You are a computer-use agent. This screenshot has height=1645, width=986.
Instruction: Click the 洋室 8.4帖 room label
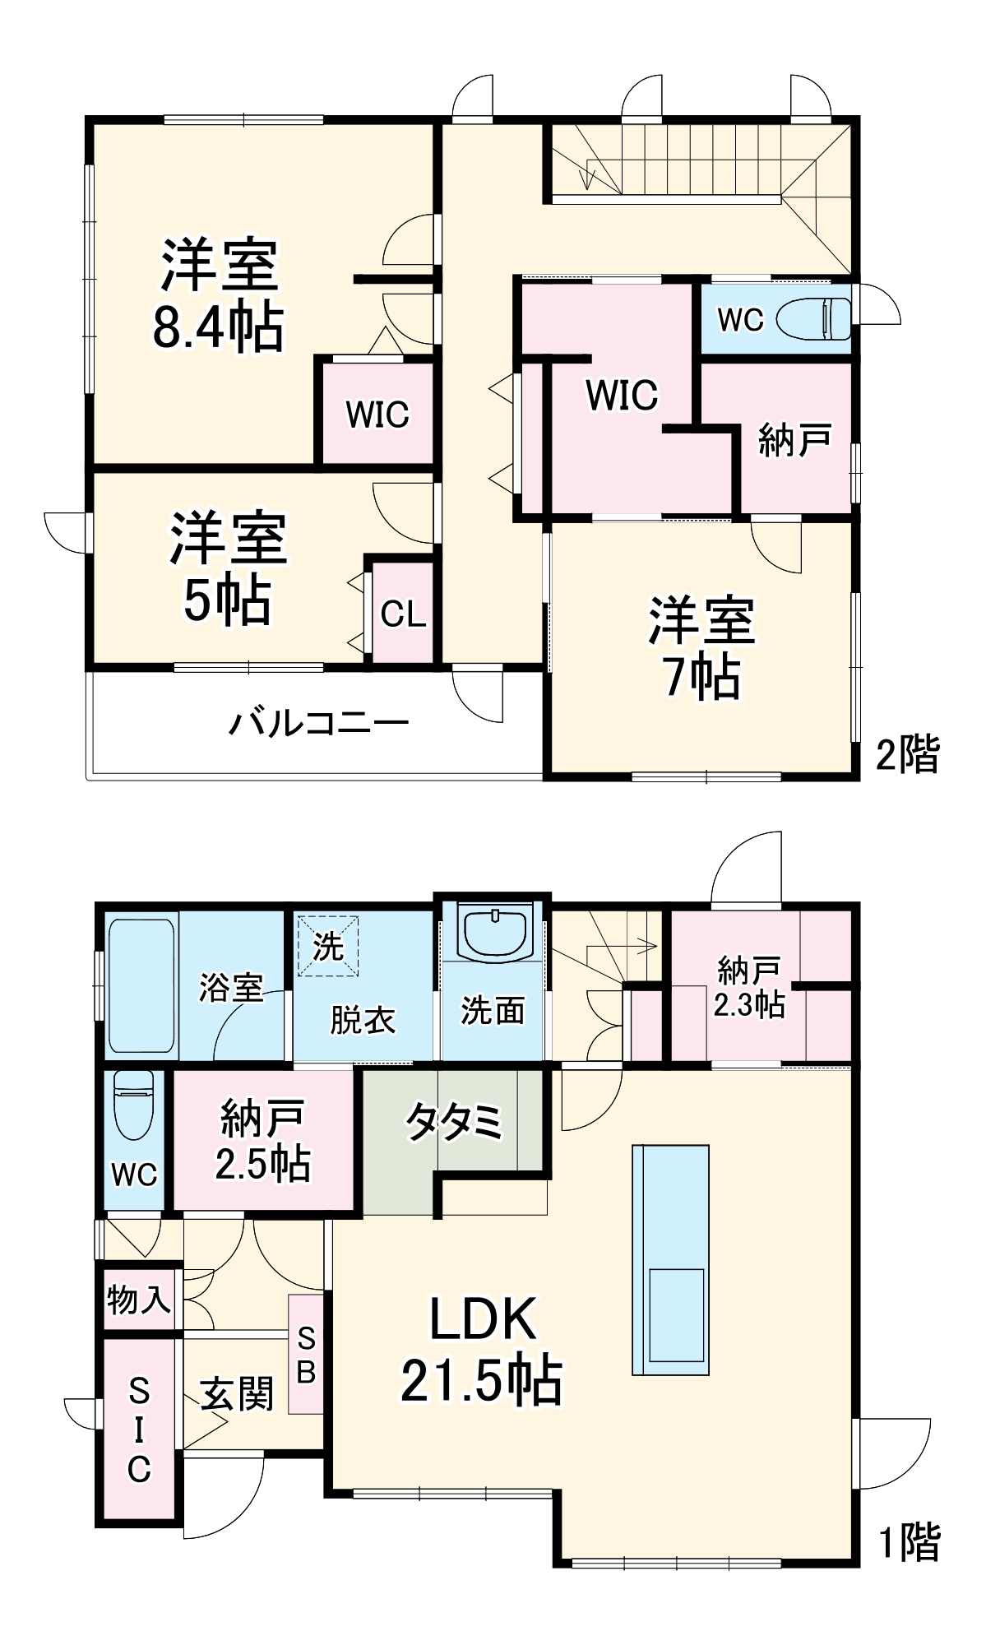pos(219,294)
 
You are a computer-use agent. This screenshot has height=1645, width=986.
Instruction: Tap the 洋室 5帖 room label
pos(228,568)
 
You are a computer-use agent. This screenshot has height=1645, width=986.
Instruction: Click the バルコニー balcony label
pos(318,723)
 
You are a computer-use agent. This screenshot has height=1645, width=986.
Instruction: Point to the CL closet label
pos(403,614)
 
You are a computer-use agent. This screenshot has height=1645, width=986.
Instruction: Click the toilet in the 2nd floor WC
pos(814,319)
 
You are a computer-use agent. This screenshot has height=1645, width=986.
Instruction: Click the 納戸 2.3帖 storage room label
pos(748,987)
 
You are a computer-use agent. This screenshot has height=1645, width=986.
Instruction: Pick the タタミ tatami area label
pos(454,1120)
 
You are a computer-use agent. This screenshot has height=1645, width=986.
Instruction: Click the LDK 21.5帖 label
pos(482,1349)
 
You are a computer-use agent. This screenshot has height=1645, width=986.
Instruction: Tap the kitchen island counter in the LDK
pos(670,1259)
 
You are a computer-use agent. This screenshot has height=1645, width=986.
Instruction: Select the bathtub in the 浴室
pos(141,985)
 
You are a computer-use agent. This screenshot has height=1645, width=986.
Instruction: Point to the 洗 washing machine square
pos(328,945)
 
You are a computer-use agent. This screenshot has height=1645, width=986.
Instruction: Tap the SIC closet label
pos(139,1430)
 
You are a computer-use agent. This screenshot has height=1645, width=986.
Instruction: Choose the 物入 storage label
pos(139,1300)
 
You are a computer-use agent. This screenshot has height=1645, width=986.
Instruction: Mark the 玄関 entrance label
pos(237,1394)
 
